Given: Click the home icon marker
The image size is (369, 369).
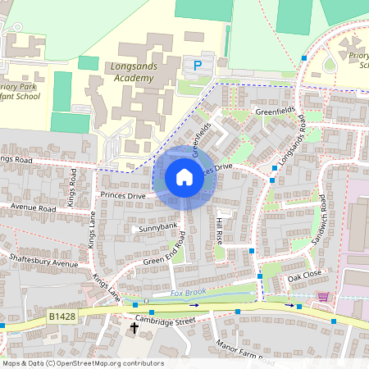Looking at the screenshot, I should click(184, 176).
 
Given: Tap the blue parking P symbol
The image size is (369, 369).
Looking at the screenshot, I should click(197, 65).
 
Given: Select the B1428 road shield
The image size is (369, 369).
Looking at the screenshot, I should click(62, 315).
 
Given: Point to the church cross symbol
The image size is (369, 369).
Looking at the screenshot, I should click(134, 328).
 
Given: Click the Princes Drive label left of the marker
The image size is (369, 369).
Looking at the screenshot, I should click(122, 196).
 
